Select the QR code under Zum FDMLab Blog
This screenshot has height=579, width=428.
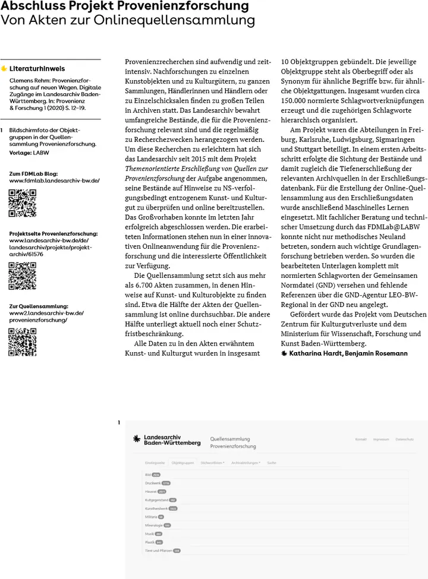[x=22, y=203]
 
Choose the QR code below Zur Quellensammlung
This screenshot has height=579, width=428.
[x=22, y=341]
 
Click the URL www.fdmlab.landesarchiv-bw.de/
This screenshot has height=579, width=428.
[x=54, y=180]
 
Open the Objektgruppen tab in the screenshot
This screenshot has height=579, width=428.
[x=182, y=463]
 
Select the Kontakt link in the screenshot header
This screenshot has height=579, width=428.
[x=360, y=439]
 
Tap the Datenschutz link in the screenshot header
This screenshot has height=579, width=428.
[x=404, y=439]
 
